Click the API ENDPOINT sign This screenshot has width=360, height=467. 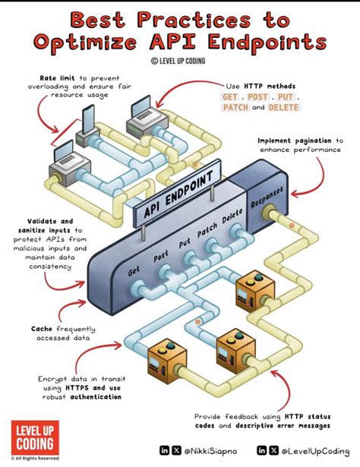click(x=178, y=194)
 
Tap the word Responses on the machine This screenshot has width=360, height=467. click(x=267, y=197)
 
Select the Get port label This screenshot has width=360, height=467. click(x=134, y=271)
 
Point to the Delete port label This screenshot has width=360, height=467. click(x=232, y=216)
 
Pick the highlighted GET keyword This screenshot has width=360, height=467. click(x=230, y=97)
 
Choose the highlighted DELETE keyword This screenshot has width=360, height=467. click(x=283, y=107)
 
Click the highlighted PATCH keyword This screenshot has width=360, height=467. click(x=235, y=107)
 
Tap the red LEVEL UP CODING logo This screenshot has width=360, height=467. click(x=35, y=437)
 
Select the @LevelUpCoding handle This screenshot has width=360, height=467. click(x=315, y=451)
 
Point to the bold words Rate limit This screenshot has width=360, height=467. click(x=58, y=78)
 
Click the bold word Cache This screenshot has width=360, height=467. click(x=42, y=329)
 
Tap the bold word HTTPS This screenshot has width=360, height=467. click(x=77, y=388)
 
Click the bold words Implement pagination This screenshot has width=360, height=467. click(x=295, y=141)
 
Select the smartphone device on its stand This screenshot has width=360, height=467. click(x=87, y=126)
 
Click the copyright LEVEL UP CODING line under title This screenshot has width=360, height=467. click(x=178, y=61)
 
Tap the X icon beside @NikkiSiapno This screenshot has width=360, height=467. click(x=176, y=450)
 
